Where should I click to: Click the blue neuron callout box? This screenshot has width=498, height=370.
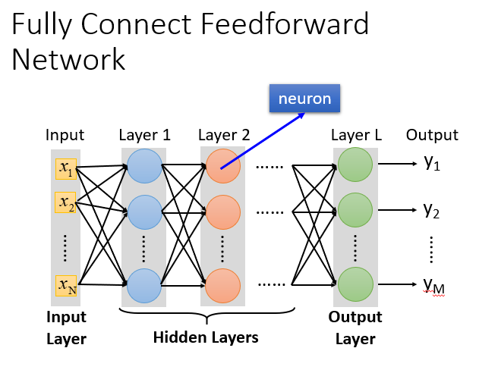(305, 99)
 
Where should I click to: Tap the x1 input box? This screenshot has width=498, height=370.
(65, 169)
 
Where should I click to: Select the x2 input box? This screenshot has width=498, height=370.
(65, 203)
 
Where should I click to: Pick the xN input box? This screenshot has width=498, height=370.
(65, 284)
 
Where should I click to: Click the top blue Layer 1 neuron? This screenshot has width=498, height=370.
(143, 166)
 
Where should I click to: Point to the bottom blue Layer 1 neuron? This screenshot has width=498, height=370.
(143, 285)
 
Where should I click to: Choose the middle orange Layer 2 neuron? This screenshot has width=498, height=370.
(222, 211)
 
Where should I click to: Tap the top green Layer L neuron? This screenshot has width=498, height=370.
(355, 164)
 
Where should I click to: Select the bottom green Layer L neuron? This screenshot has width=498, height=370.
(355, 284)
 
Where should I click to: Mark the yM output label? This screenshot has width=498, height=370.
(433, 285)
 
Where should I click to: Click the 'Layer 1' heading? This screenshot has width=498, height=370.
(144, 136)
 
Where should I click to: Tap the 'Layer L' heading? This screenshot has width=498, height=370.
(356, 136)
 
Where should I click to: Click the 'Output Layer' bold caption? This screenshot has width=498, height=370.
(355, 328)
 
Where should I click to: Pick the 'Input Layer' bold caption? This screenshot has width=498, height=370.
(67, 328)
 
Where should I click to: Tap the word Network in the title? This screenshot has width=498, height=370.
(68, 59)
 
